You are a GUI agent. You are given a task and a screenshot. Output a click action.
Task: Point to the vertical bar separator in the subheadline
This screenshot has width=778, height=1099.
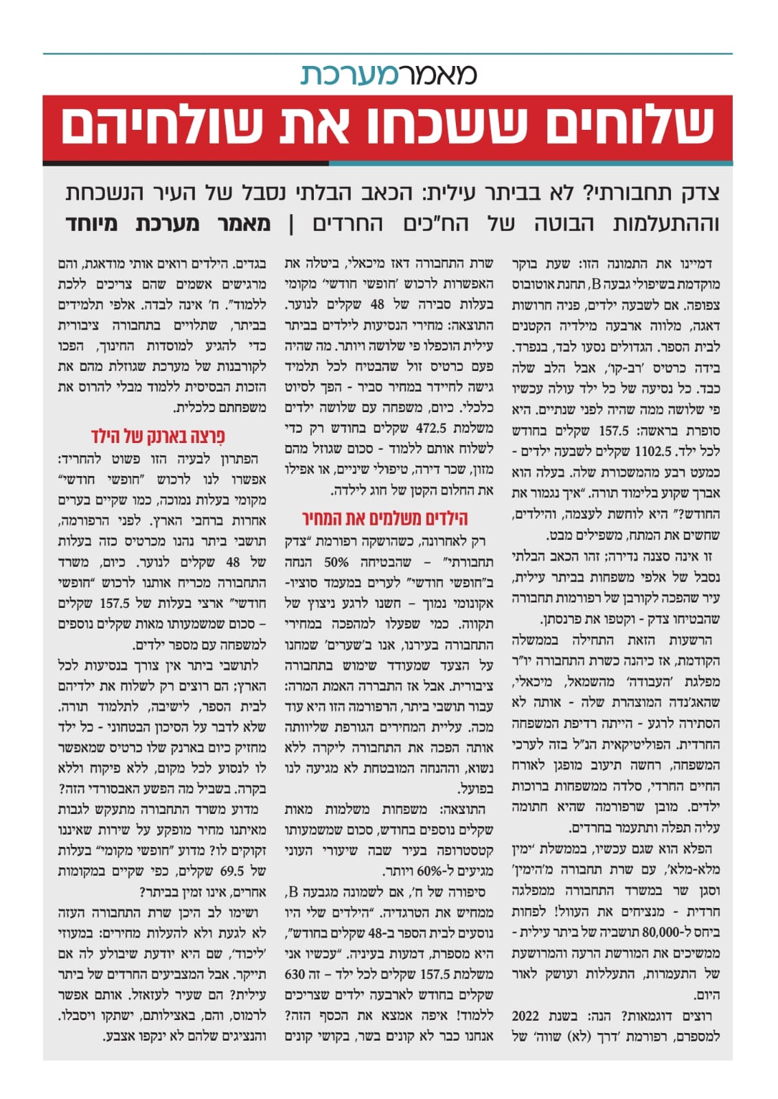[290, 224]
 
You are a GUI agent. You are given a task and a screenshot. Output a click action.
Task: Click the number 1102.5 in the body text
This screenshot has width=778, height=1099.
[653, 451]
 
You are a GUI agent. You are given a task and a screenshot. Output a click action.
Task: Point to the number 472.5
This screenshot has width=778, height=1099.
[431, 428]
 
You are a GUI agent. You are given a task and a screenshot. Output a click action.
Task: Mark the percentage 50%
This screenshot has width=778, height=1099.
[336, 562]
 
